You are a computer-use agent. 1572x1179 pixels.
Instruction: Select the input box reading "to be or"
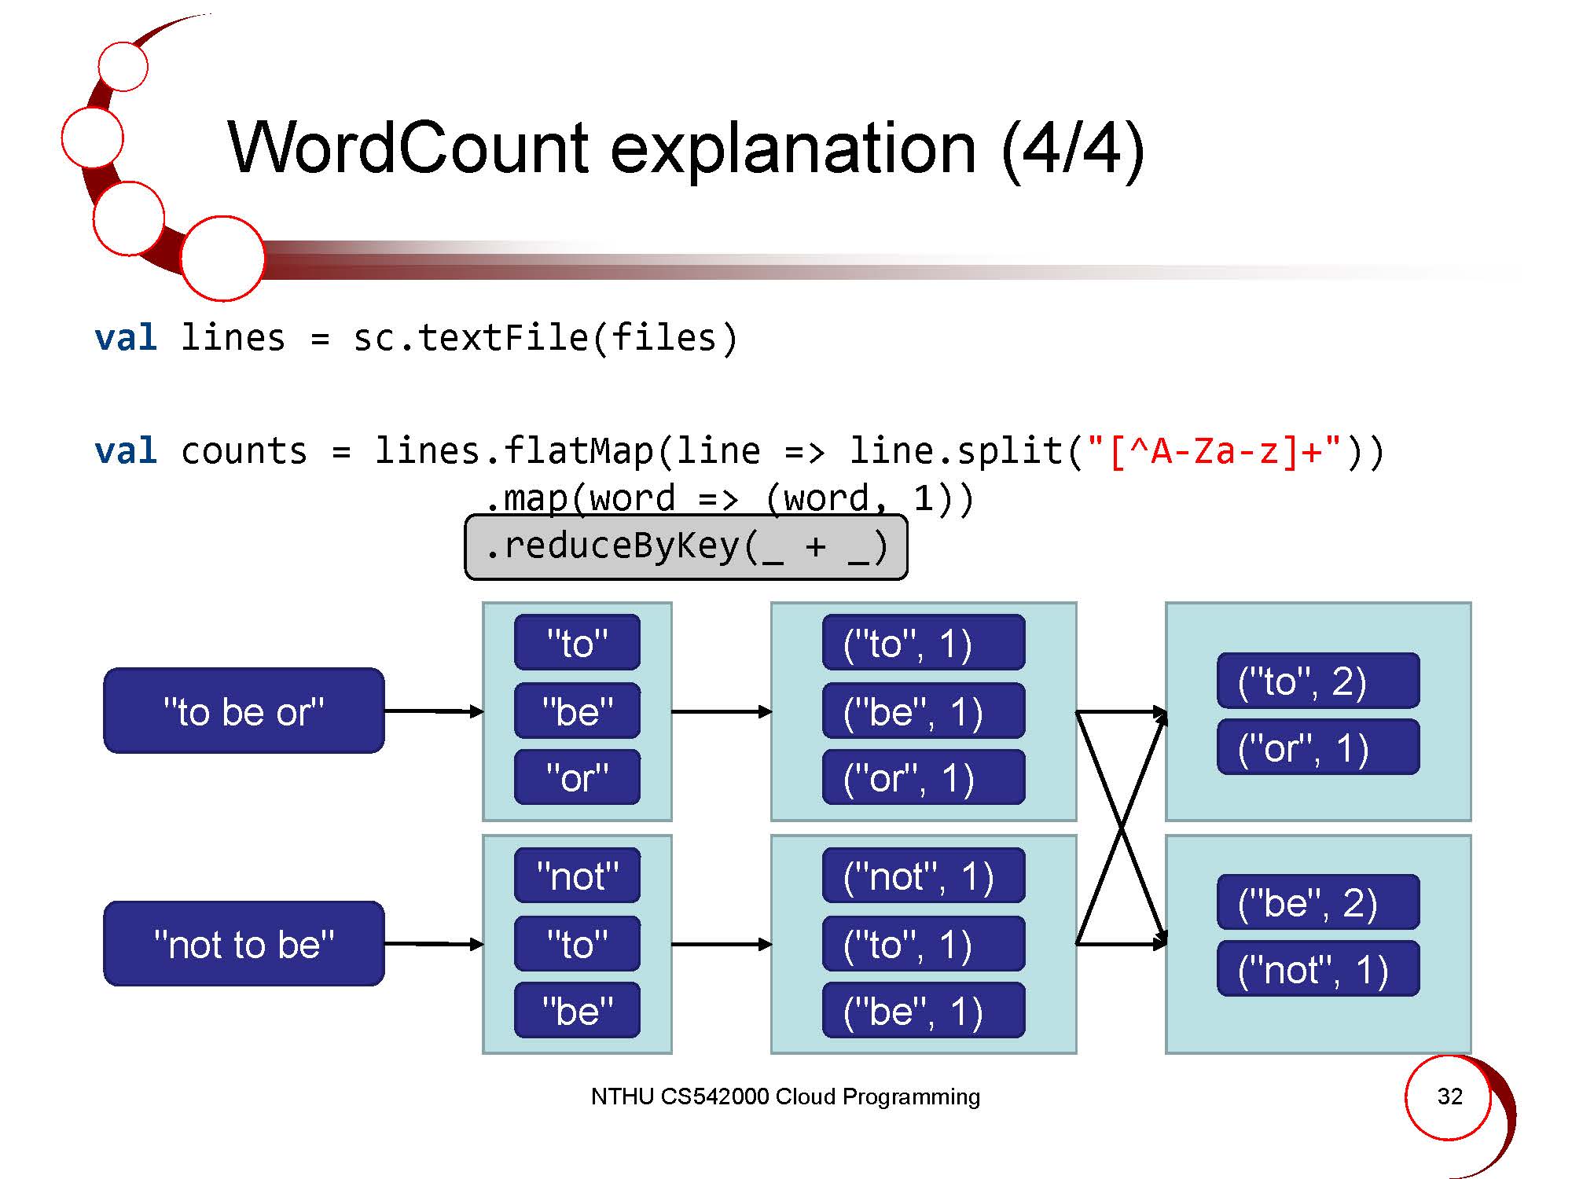(244, 711)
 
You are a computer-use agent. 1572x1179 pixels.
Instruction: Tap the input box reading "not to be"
(244, 943)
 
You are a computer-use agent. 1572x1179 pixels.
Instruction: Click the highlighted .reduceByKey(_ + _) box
(686, 547)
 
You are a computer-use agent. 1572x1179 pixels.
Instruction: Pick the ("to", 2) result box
(1318, 681)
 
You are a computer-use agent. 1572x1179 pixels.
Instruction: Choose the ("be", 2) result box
(1318, 902)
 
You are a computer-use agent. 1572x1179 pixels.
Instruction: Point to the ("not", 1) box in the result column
(1318, 969)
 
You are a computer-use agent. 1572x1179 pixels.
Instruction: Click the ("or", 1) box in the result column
(1318, 747)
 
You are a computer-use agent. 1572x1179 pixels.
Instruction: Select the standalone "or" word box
(577, 777)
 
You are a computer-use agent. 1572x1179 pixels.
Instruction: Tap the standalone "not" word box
(577, 876)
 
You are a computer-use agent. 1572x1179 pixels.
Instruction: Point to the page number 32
(1449, 1096)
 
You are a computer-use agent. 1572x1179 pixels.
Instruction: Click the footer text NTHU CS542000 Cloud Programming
(785, 1096)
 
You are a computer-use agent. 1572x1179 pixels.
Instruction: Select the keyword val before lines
(126, 338)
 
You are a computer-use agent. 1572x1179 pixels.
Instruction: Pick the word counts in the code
(244, 451)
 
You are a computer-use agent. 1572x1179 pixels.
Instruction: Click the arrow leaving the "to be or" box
(433, 711)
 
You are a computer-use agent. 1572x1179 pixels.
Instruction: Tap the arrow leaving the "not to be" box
(433, 943)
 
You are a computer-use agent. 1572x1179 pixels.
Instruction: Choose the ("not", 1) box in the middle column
(923, 876)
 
